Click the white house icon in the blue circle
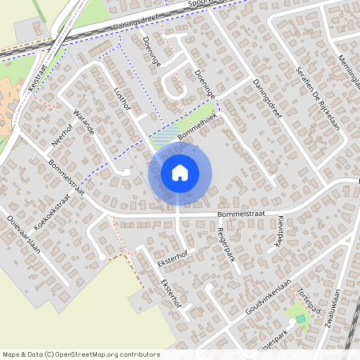(179, 173)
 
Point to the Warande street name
(84, 120)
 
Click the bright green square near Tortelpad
(301, 320)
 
